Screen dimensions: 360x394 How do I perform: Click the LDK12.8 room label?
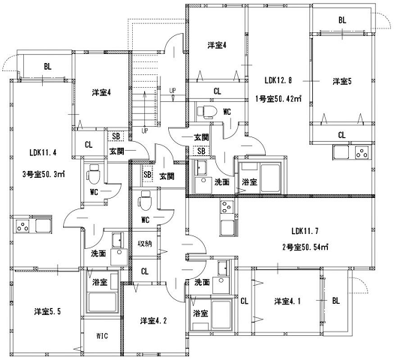277,80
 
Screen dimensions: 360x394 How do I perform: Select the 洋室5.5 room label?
47,310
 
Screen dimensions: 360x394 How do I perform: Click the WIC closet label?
101,336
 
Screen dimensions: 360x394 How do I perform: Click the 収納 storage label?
145,244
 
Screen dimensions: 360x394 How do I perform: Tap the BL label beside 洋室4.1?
335,301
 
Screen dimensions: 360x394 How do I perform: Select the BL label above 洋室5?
341,20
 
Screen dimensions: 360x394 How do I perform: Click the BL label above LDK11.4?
47,67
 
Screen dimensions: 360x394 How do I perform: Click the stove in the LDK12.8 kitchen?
360,155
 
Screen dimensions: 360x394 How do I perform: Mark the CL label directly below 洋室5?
341,135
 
